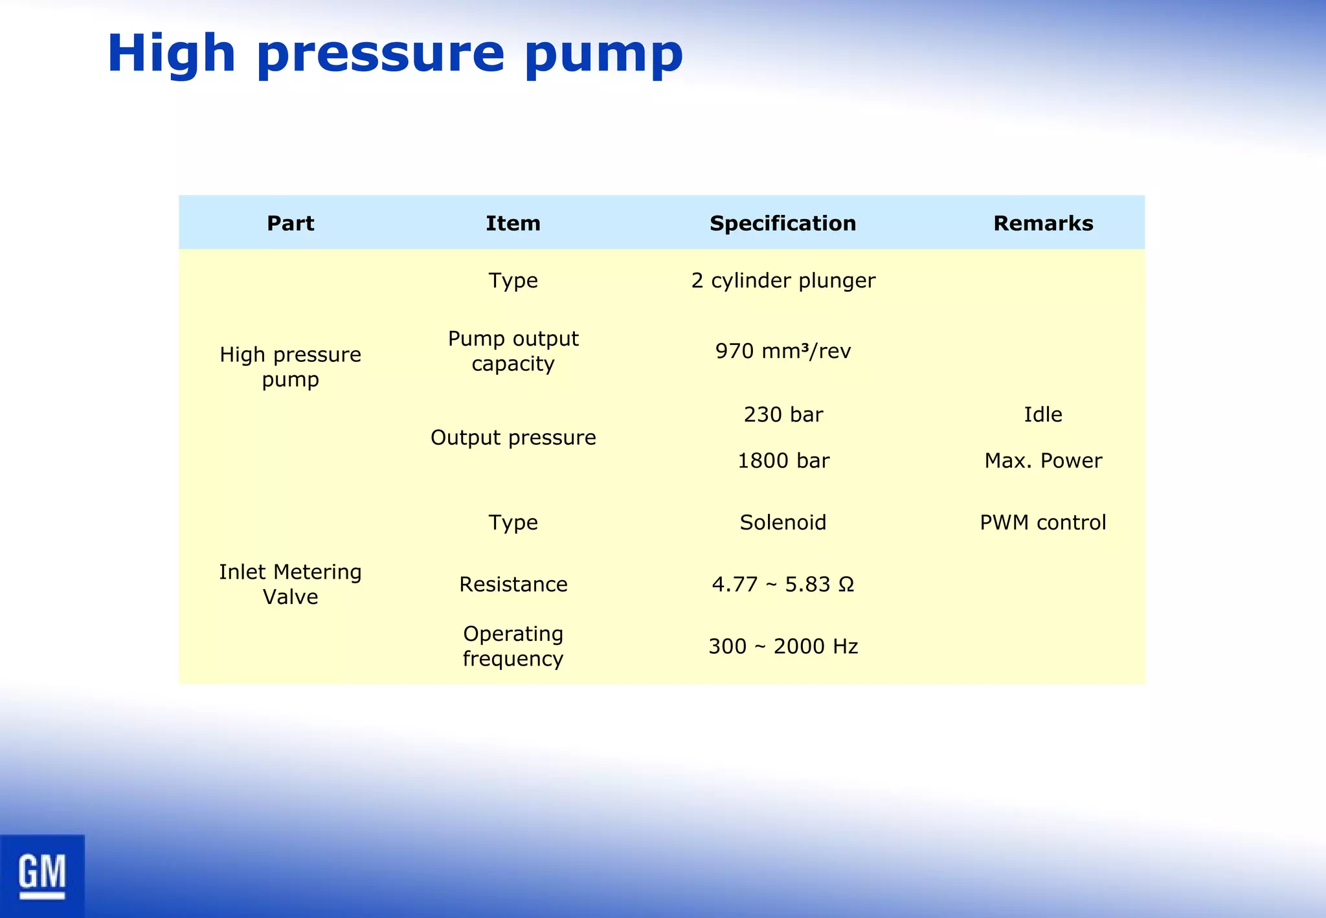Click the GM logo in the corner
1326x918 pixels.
point(42,875)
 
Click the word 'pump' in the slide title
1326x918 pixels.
point(603,54)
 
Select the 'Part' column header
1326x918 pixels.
point(291,223)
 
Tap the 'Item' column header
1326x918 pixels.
point(513,223)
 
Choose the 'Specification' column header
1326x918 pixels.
point(783,223)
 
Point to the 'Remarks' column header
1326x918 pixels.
point(1043,223)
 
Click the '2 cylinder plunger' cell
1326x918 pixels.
point(783,280)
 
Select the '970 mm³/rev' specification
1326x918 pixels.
point(783,351)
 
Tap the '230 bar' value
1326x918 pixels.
point(783,414)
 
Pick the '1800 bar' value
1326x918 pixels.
point(783,461)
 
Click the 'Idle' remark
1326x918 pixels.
point(1043,414)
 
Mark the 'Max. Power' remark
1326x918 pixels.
point(1043,461)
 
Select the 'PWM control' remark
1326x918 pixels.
point(1043,522)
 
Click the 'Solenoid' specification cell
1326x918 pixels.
point(783,522)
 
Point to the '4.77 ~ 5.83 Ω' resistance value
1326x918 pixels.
point(783,585)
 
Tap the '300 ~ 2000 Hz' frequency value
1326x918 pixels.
point(783,646)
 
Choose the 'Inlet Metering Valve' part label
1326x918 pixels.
point(291,584)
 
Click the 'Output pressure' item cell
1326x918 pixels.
point(513,438)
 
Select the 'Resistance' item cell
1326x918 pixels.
point(513,585)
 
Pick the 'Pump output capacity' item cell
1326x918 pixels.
point(513,351)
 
